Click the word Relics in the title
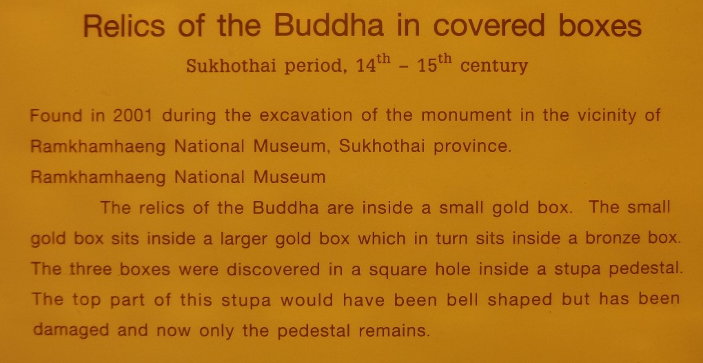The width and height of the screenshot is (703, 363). pos(124,26)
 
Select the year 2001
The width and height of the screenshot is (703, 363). pos(133,116)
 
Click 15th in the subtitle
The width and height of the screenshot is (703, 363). pos(433,65)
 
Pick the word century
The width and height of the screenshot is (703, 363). pos(494,66)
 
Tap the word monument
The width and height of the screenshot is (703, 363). pos(466,116)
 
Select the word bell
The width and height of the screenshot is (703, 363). pos(467,300)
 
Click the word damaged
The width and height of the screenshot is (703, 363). pos(71,331)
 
